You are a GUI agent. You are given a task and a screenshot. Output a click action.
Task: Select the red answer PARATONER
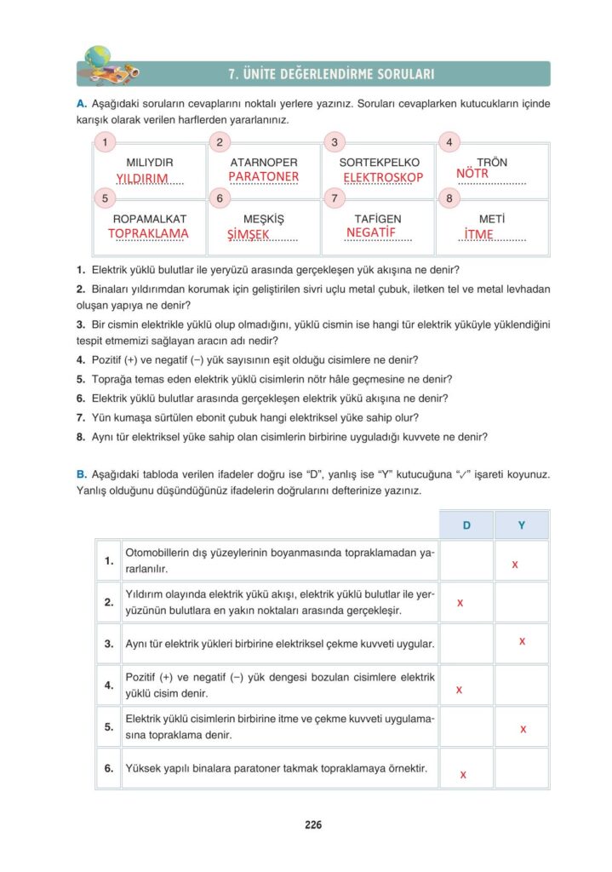(264, 176)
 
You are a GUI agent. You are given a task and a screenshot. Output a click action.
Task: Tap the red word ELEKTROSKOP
(383, 177)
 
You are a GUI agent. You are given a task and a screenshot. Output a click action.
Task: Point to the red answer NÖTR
(472, 173)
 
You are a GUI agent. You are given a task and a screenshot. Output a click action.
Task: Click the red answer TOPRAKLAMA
(149, 232)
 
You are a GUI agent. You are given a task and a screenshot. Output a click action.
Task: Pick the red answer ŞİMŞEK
(248, 234)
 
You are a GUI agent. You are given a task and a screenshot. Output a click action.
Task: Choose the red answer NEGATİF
(372, 232)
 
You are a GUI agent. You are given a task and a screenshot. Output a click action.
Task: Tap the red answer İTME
(479, 234)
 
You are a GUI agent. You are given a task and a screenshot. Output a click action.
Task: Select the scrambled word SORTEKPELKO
(380, 162)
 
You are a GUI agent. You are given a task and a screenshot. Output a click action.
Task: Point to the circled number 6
(220, 198)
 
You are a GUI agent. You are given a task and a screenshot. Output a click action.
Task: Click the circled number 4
(449, 142)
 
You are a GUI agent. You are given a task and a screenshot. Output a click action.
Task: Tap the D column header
(466, 525)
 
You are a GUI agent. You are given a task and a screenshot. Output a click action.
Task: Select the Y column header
(522, 525)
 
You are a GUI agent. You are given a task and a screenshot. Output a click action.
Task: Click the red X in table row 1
(515, 564)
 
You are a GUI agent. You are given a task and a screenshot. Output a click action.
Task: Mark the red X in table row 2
(460, 603)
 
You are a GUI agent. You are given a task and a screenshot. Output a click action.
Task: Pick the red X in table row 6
(462, 775)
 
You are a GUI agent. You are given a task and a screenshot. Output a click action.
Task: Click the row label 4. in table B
(109, 685)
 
